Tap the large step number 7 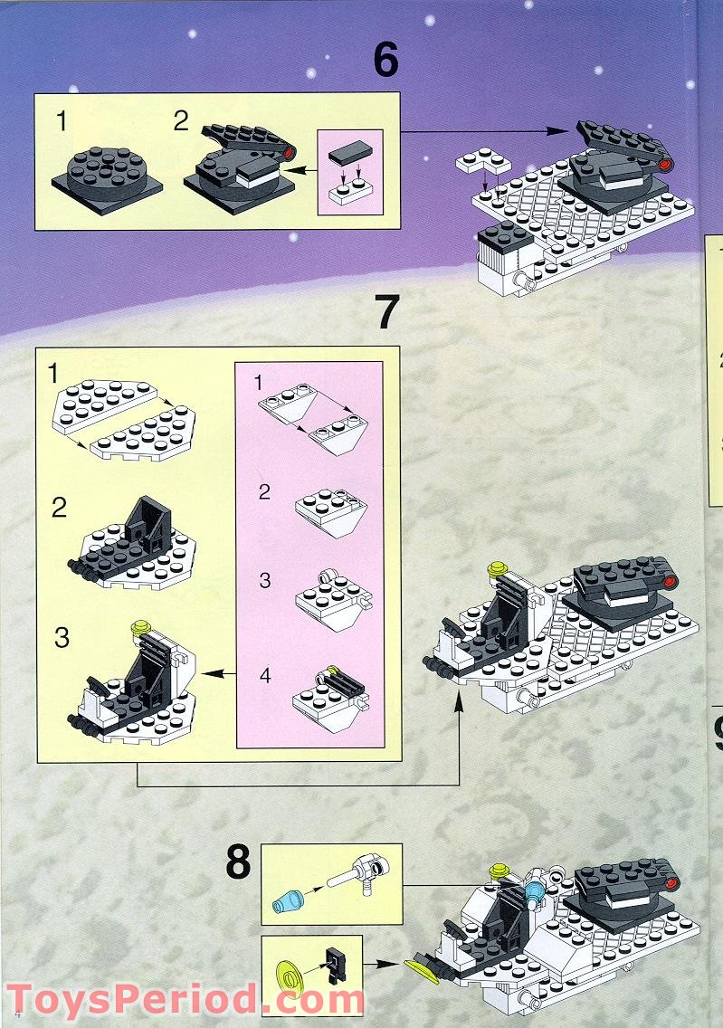(386, 312)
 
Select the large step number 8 (238, 863)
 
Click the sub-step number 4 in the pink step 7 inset (264, 674)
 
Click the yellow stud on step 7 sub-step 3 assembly (139, 625)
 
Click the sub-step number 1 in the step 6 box (61, 120)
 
